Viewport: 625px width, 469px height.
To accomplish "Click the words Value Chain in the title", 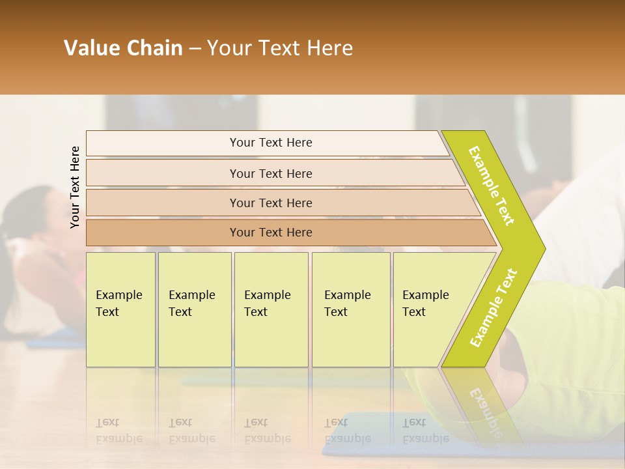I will coord(123,48).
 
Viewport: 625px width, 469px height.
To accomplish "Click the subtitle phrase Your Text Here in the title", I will coord(280,48).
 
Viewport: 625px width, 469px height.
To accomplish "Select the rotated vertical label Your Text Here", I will coord(75,187).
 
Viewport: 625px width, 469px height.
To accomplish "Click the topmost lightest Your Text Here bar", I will coord(270,143).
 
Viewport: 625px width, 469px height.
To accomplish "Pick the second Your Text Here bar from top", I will coord(270,173).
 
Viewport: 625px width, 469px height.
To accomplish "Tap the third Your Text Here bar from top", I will coord(270,203).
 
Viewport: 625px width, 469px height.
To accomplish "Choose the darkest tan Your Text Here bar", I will coord(270,233).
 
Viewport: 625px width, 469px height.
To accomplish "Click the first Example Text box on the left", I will coord(120,309).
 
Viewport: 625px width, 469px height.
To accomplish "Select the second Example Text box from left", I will coord(194,309).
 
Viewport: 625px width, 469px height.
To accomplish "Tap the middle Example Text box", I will coord(271,309).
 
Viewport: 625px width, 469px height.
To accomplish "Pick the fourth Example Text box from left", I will coord(350,309).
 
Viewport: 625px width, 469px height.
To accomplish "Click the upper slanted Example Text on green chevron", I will coord(492,186).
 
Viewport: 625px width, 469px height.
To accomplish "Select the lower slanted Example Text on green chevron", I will coord(493,307).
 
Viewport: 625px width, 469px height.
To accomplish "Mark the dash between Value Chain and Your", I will coord(195,49).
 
